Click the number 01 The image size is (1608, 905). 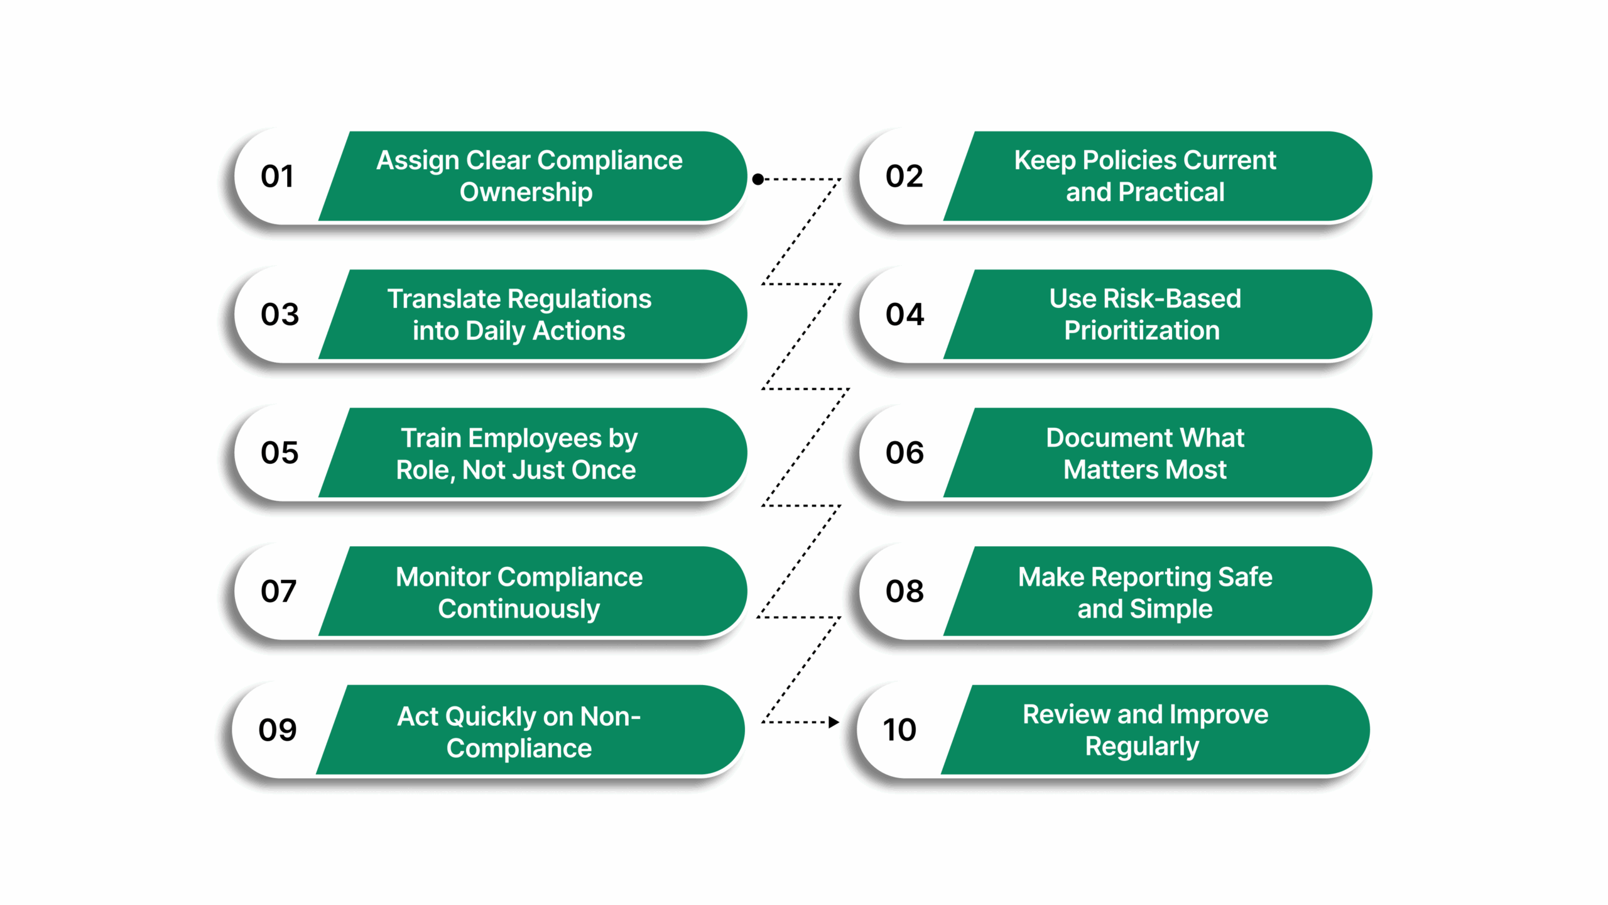[277, 177]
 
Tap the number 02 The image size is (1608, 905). [904, 177]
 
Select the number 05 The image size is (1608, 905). [280, 453]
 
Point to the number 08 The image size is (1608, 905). [905, 591]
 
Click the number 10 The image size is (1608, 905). [899, 730]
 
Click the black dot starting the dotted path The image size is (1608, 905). [758, 179]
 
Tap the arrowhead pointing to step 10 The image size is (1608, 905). [834, 722]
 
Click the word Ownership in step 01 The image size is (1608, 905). [526, 192]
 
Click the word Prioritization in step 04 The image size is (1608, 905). [1141, 331]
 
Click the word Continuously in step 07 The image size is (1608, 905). [519, 609]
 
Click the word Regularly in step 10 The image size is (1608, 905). [1142, 747]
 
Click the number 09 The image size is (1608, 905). [277, 730]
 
